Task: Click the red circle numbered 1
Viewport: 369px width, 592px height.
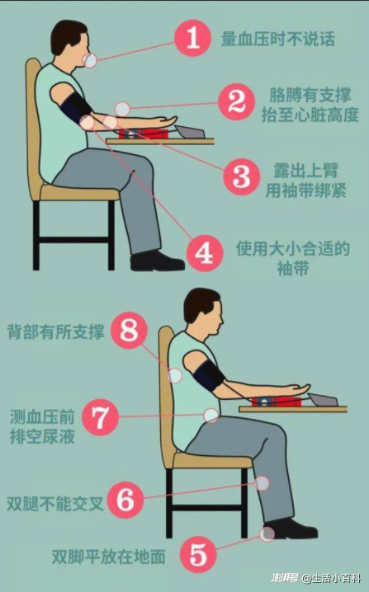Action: [193, 38]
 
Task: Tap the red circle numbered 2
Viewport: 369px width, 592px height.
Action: [237, 102]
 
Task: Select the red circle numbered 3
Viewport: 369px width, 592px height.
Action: [242, 176]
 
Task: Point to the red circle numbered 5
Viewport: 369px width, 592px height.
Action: [198, 555]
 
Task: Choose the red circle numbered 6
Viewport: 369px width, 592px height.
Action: [125, 500]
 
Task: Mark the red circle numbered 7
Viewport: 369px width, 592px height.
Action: [100, 417]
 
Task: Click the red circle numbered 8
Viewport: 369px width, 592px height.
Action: [130, 331]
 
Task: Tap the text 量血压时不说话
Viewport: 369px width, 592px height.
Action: [278, 39]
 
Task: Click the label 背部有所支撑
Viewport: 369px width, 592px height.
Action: [55, 331]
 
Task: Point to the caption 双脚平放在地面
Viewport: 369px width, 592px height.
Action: [108, 557]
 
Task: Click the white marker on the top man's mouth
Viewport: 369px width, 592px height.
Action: [90, 61]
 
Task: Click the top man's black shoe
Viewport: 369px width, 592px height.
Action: [157, 261]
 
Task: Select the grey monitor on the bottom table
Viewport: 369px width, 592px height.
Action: [324, 400]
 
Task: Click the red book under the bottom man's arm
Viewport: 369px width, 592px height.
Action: [277, 401]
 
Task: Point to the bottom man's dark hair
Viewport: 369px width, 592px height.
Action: [200, 302]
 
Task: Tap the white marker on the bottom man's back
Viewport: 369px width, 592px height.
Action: [175, 376]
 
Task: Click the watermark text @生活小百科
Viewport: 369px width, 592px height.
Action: [331, 578]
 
